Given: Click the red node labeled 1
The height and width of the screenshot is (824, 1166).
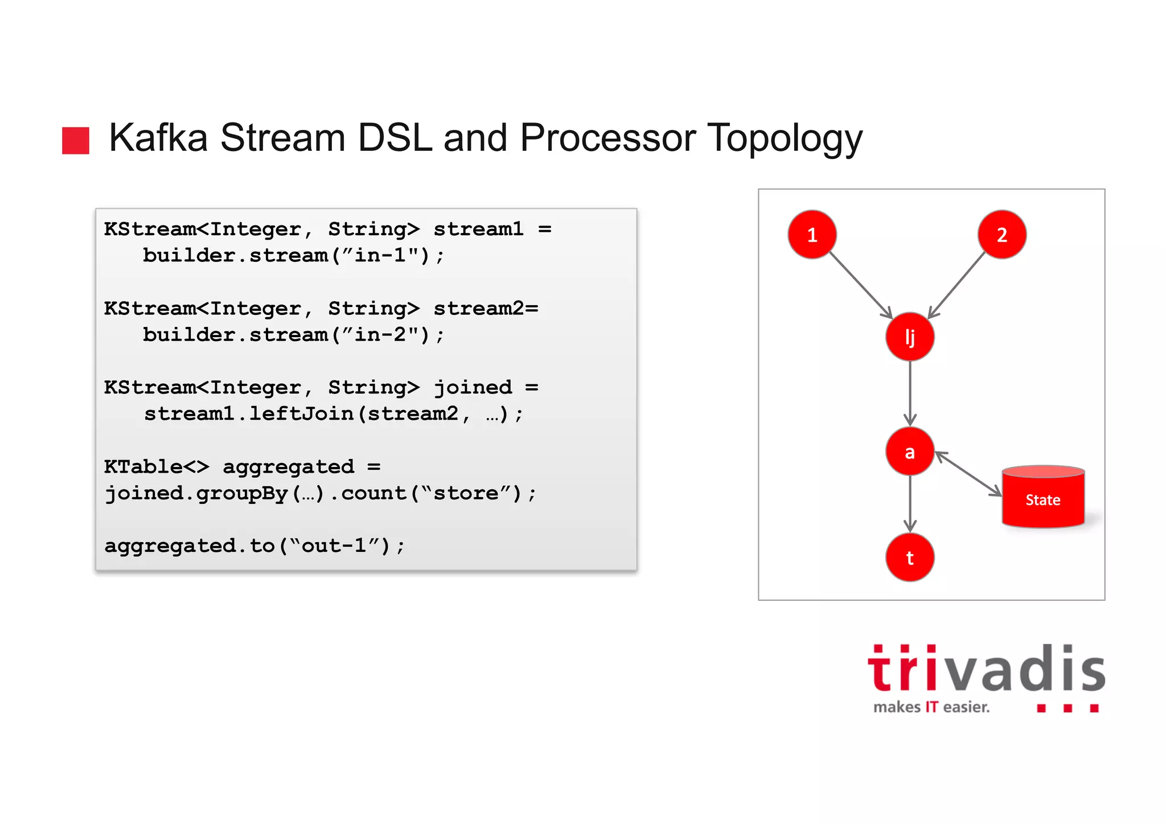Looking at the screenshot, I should click(812, 235).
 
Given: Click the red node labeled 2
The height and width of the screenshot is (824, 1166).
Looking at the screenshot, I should click(1002, 235).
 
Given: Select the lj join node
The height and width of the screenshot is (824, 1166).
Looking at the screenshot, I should click(910, 337).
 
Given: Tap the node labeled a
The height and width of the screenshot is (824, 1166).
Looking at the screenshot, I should click(910, 452).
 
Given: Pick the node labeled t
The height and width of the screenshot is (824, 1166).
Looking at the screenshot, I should click(910, 557).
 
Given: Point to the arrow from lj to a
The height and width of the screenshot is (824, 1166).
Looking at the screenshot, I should click(910, 393).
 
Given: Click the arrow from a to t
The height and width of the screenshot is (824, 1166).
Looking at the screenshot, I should click(910, 503).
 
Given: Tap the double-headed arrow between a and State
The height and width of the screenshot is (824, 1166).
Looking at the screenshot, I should click(968, 474).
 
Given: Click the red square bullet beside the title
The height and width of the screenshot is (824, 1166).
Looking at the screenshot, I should click(76, 141).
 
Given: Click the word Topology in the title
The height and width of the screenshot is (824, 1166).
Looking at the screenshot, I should click(785, 138).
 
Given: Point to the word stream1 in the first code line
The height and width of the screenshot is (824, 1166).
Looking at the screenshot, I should click(478, 229).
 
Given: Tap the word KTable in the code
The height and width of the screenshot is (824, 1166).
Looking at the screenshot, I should click(143, 467).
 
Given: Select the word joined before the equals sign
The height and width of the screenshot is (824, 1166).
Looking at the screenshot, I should click(473, 388).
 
